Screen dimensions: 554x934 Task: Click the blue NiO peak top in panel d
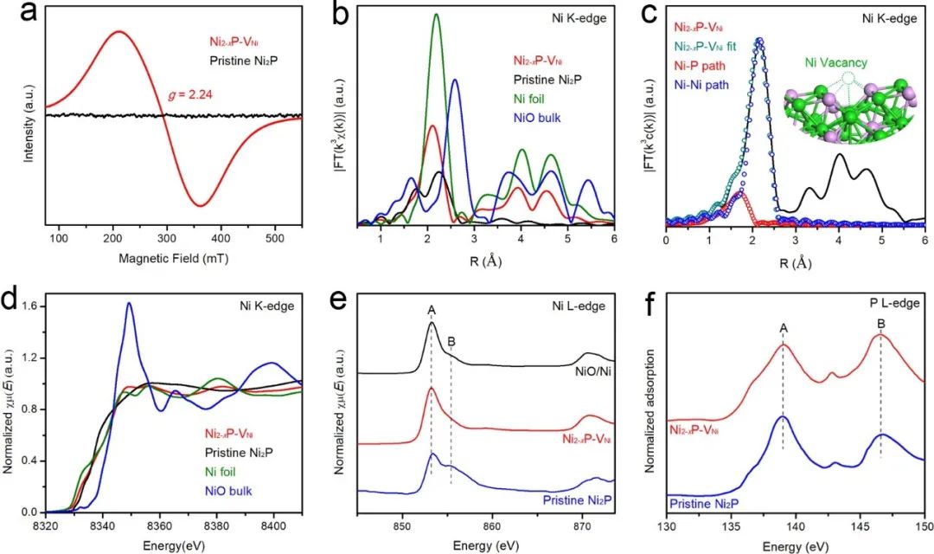(x=130, y=303)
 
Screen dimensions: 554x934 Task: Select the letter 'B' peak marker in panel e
(x=451, y=342)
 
